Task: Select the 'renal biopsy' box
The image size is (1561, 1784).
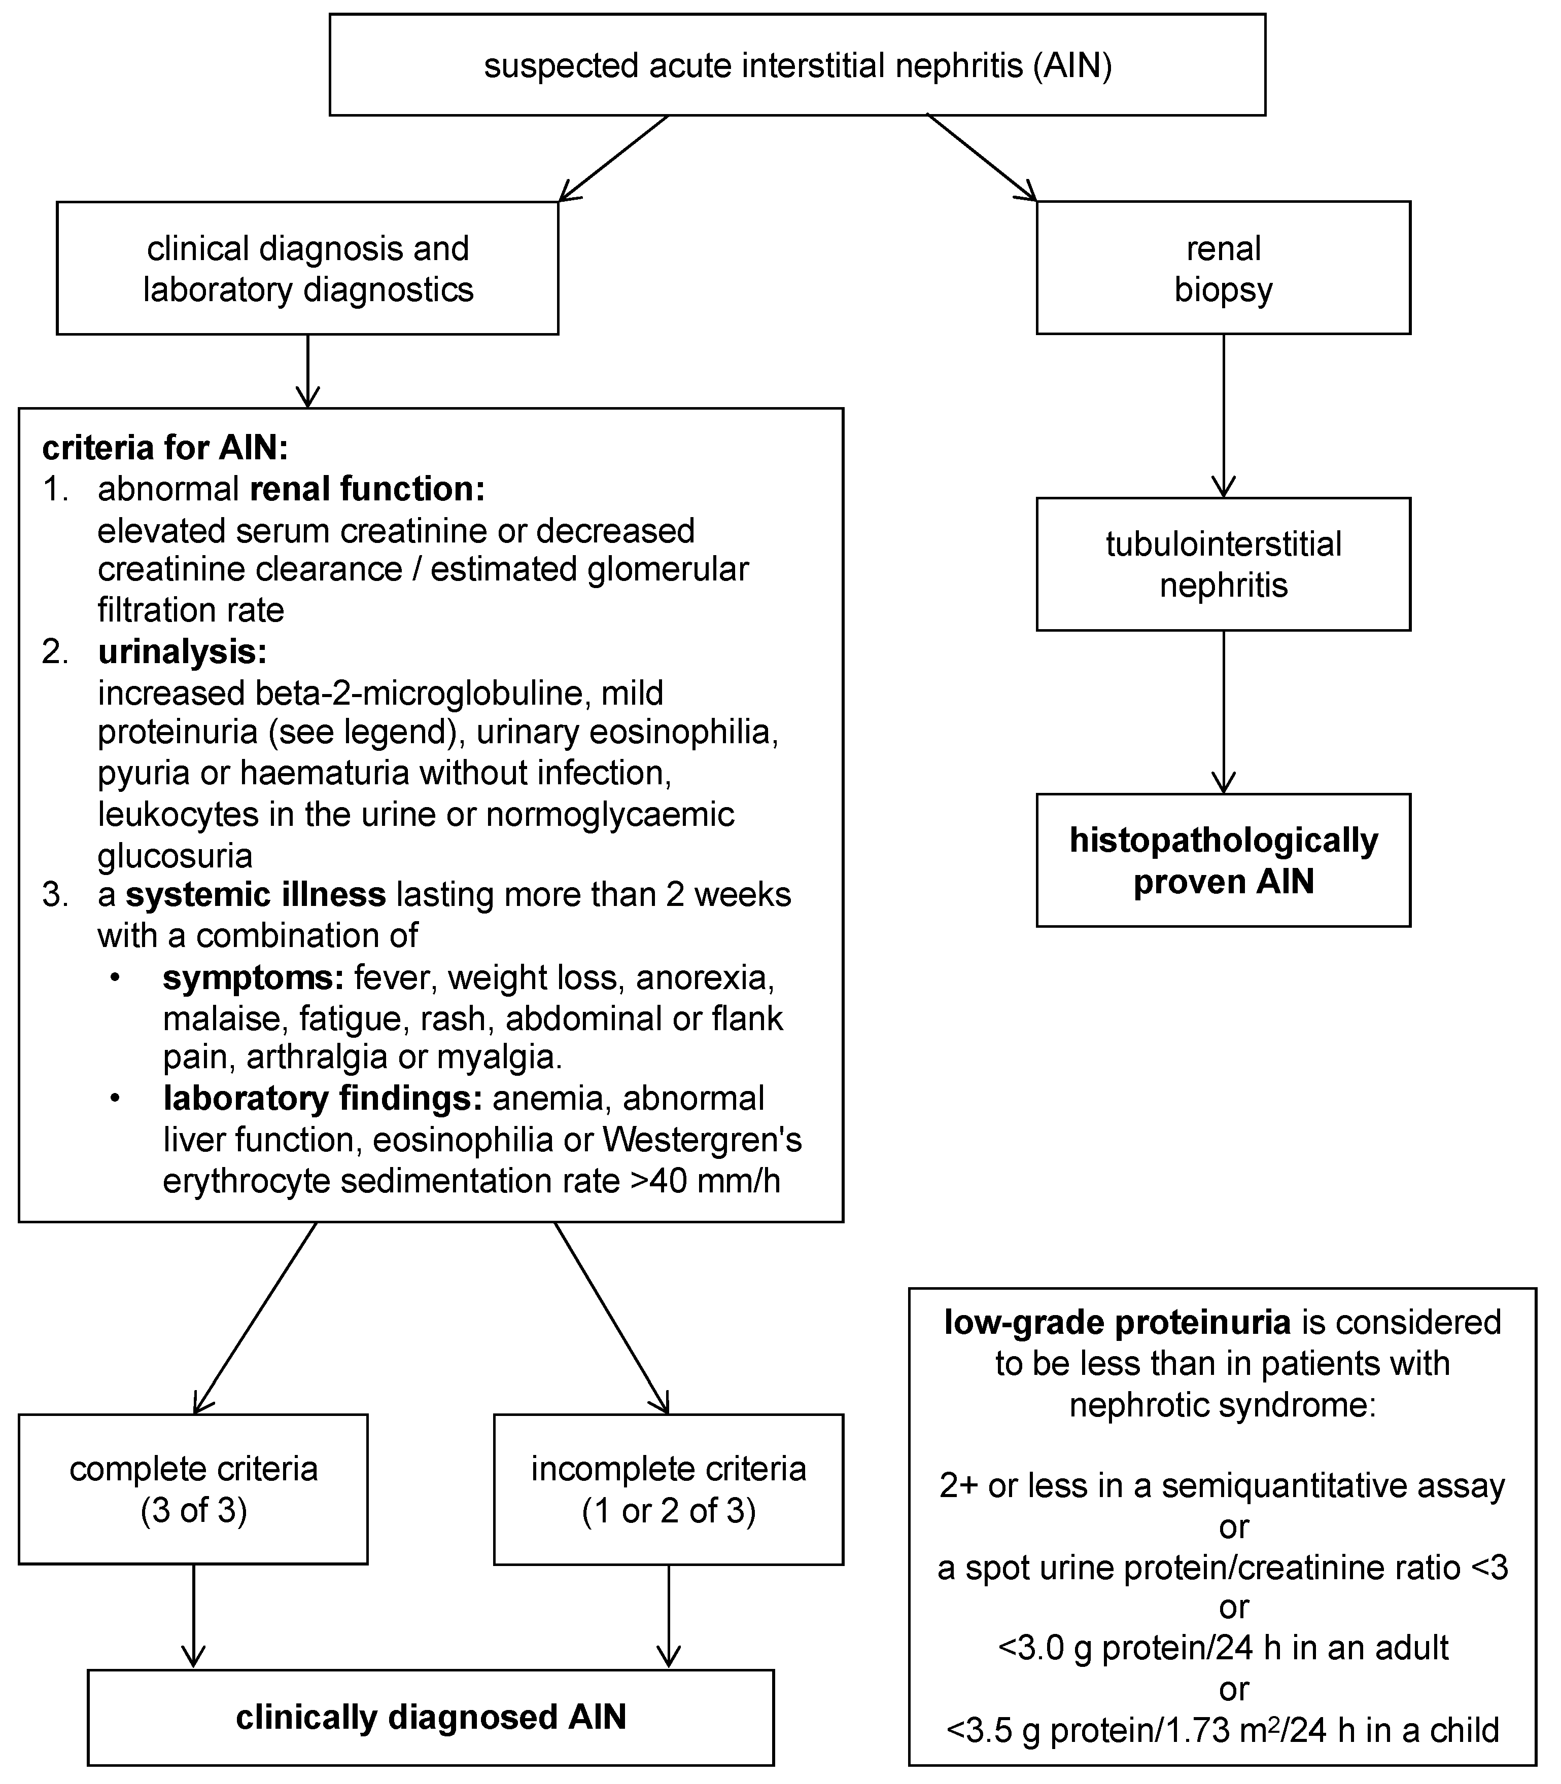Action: (x=1223, y=268)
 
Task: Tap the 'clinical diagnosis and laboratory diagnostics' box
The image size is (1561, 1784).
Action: (x=307, y=268)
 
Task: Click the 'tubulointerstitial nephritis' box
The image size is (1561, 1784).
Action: (x=1223, y=564)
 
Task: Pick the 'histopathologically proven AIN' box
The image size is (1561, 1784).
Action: (x=1223, y=860)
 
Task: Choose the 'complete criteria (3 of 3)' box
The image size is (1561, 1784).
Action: (x=193, y=1489)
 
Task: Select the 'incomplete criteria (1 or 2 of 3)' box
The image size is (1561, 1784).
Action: (x=668, y=1489)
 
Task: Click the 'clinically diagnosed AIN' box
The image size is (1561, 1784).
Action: (x=431, y=1717)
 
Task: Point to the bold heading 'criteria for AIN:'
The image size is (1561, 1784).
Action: (x=165, y=448)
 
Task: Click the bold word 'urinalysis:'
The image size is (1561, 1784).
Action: (x=182, y=651)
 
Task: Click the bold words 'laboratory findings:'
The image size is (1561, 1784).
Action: (x=322, y=1099)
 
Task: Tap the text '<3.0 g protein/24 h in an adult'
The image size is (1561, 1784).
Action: (x=1223, y=1647)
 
